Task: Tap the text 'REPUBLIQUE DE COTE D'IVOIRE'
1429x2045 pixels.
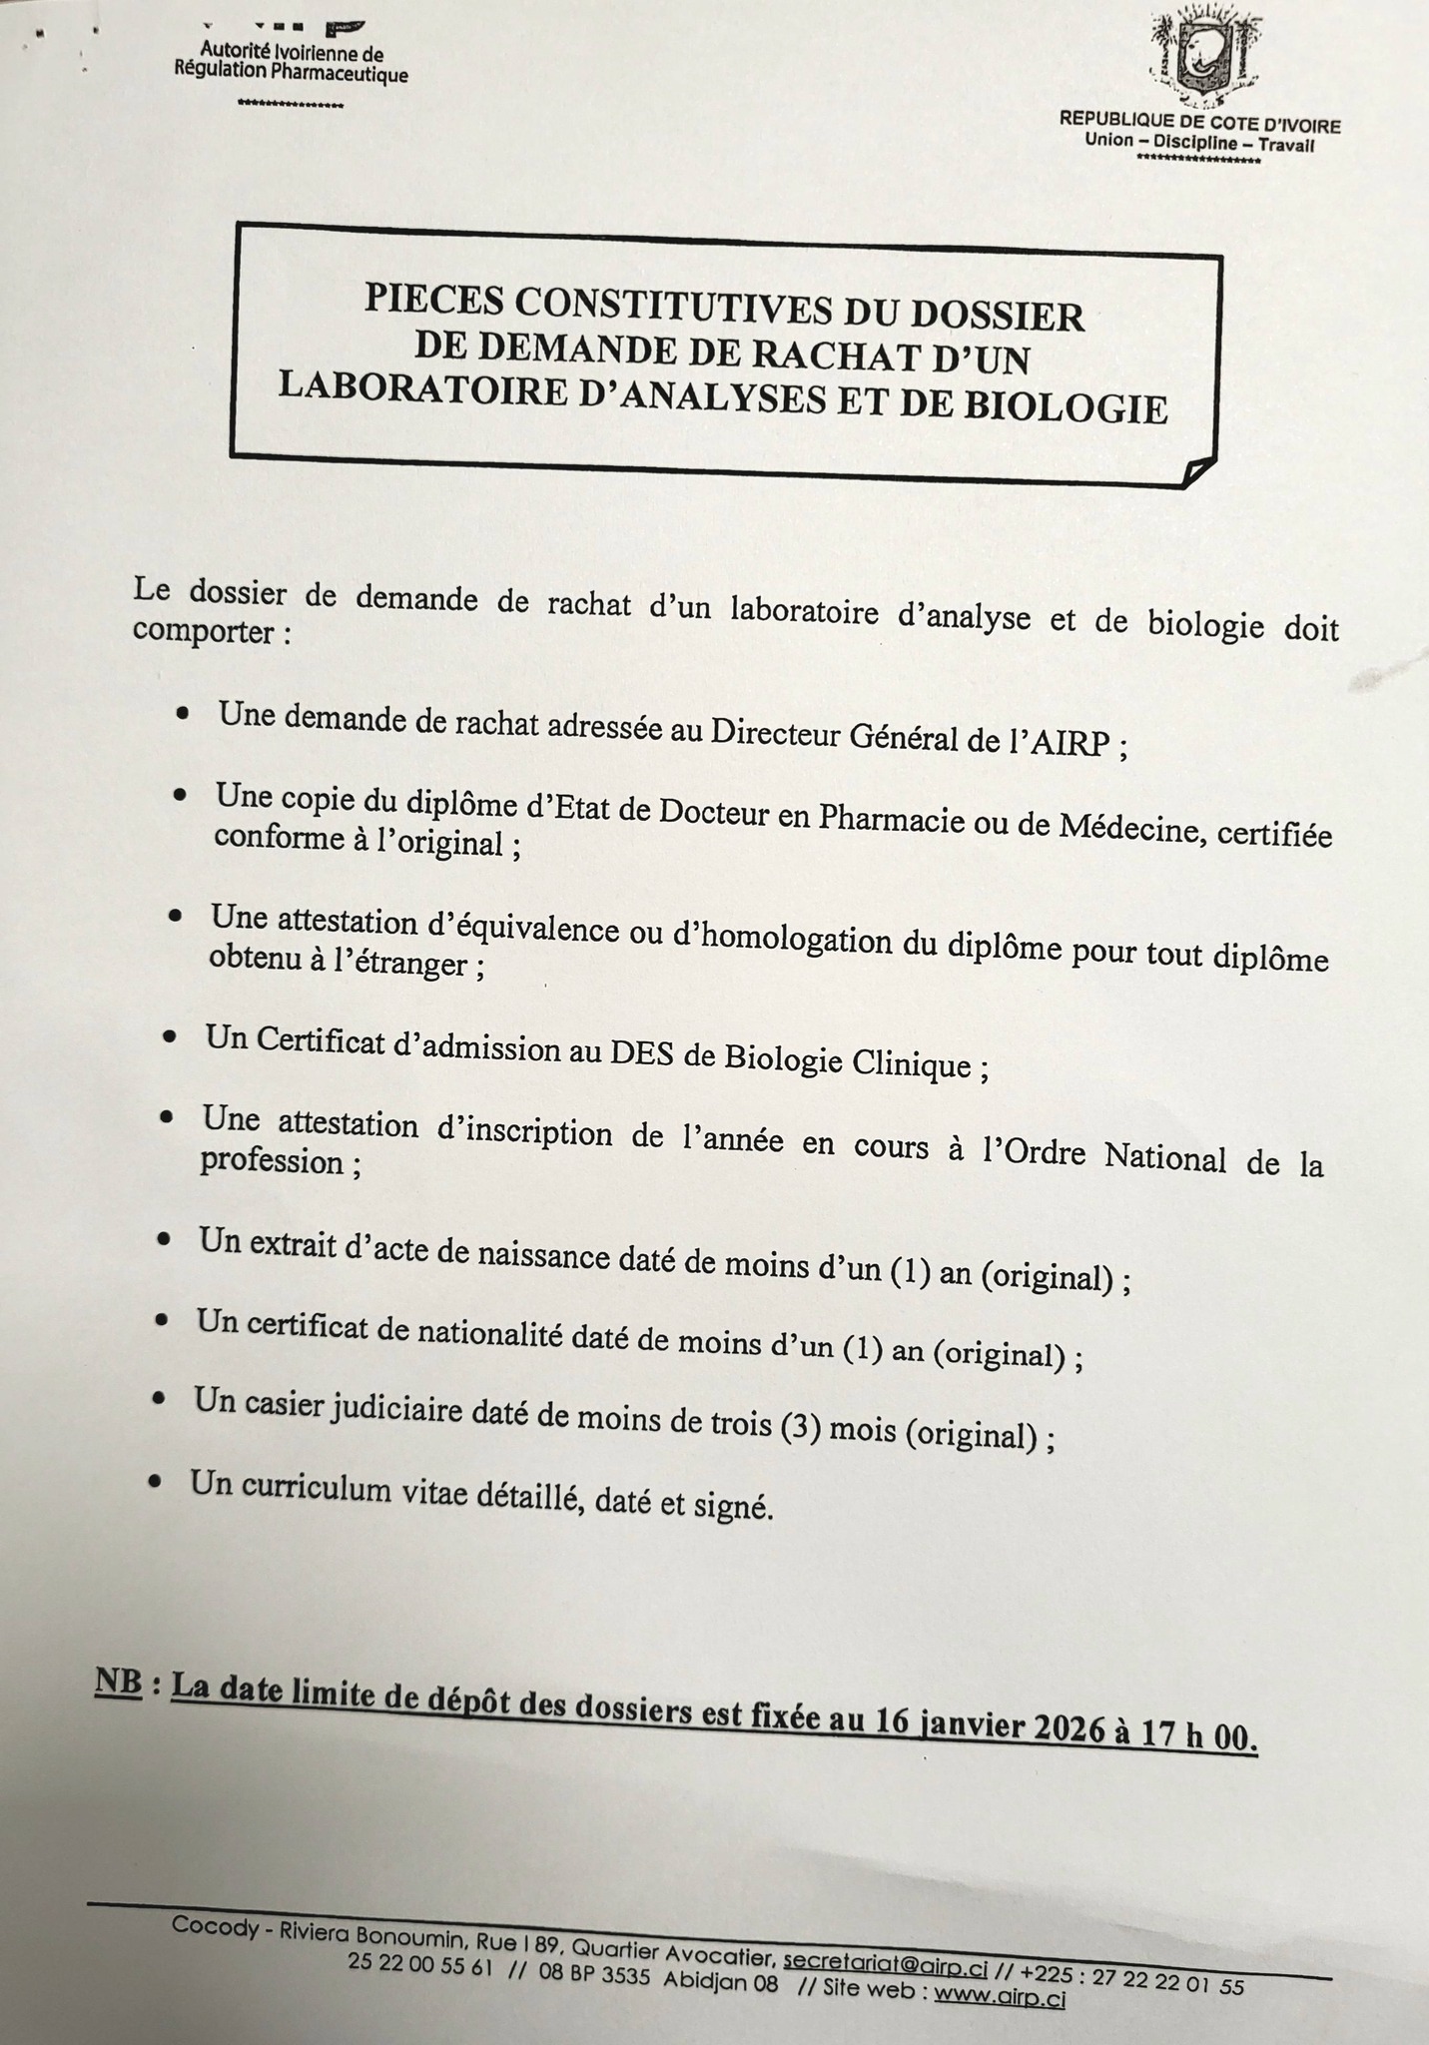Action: [x=1199, y=126]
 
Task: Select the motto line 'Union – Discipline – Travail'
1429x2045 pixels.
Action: [x=1199, y=143]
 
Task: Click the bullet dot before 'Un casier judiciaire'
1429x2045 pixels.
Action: [x=158, y=1398]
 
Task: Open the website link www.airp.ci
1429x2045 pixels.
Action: [x=999, y=1993]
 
